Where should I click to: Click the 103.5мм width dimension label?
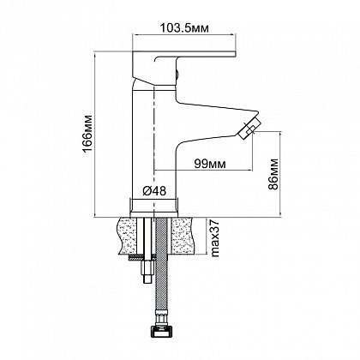184,28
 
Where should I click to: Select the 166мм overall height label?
88,135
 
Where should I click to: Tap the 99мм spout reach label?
210,164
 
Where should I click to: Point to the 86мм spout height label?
273,174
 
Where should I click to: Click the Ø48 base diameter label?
154,190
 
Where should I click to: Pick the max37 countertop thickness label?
214,238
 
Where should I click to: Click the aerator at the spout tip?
249,129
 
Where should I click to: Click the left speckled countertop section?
127,236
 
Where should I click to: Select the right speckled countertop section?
183,236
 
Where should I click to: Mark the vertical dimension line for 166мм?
95,135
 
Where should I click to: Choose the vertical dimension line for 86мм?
280,174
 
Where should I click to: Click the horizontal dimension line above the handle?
184,35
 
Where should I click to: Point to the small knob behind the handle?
177,75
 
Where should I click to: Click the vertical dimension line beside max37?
207,236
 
